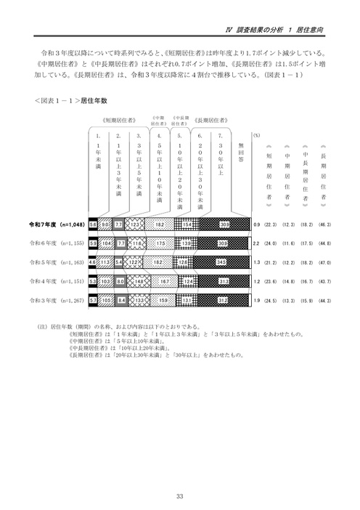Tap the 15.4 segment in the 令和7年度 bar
(187, 225)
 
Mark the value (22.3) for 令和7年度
(269, 225)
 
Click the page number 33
(179, 477)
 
